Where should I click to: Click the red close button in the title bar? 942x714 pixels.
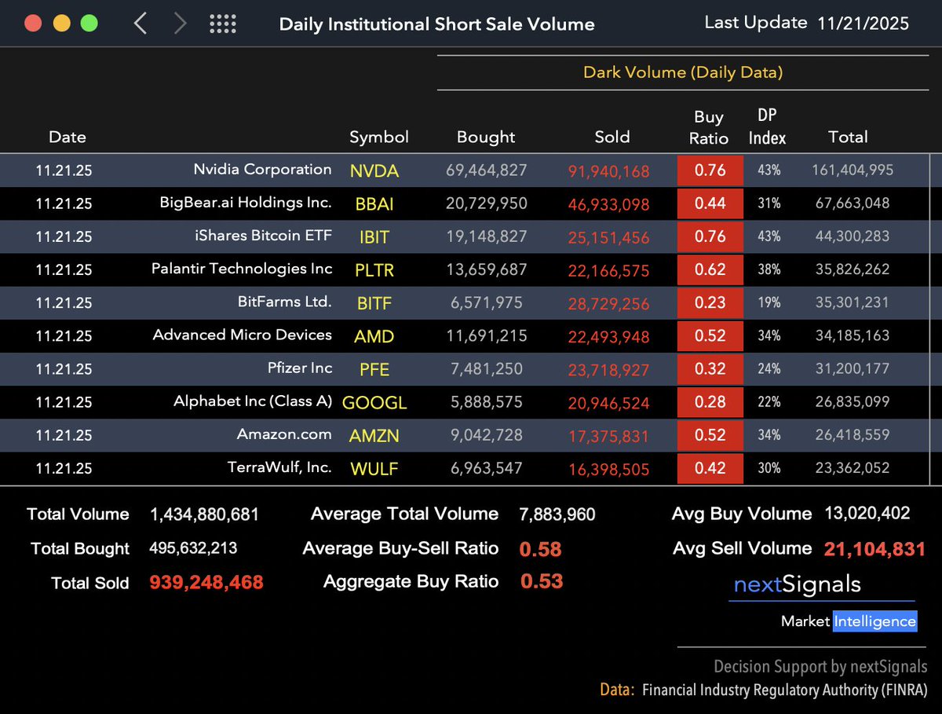coord(33,23)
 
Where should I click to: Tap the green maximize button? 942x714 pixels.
coord(89,23)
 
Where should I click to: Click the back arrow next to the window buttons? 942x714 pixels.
coord(141,24)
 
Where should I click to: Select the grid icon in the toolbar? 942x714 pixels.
coord(223,24)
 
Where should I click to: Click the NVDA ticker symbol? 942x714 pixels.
coord(374,171)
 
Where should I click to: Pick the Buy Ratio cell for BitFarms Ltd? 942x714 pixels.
coord(710,303)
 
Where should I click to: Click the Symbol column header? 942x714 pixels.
coord(379,137)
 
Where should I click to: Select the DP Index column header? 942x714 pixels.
coord(767,127)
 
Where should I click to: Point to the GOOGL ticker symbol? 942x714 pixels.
coord(374,403)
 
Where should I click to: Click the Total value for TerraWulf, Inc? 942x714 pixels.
coord(848,468)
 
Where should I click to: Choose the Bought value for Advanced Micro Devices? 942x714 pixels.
coord(486,336)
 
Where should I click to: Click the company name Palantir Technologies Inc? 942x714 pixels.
coord(242,269)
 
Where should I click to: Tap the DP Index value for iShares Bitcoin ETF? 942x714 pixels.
coord(769,236)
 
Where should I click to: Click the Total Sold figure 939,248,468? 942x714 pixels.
coord(206,583)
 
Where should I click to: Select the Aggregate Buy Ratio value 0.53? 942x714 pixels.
coord(542,582)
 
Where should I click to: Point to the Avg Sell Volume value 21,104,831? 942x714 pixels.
coord(874,549)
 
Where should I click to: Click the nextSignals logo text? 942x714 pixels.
coord(797,584)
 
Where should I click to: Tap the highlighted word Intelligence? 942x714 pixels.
coord(874,621)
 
